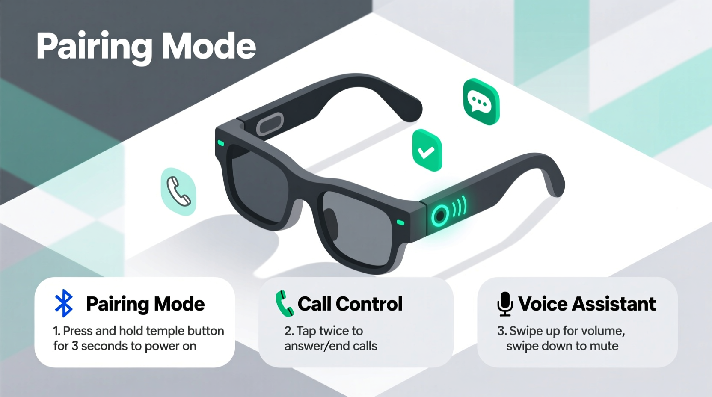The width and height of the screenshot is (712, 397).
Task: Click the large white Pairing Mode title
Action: point(146,46)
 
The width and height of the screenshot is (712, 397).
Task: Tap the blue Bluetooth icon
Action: point(64,303)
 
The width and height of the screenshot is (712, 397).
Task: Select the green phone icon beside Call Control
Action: point(284,304)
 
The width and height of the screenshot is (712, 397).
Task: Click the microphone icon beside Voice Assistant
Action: point(505,304)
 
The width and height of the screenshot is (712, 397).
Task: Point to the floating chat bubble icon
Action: point(481,102)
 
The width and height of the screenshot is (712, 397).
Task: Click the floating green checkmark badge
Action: point(427,151)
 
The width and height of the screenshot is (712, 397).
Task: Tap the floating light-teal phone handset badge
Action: point(178,191)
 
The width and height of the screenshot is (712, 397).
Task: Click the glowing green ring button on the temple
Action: point(439,215)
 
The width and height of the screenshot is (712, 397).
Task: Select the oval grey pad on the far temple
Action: point(270,124)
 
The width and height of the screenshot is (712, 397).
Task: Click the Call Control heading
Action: point(350,304)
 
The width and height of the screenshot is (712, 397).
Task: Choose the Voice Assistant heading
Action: point(587,304)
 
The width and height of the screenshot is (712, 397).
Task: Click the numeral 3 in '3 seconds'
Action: point(75,346)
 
